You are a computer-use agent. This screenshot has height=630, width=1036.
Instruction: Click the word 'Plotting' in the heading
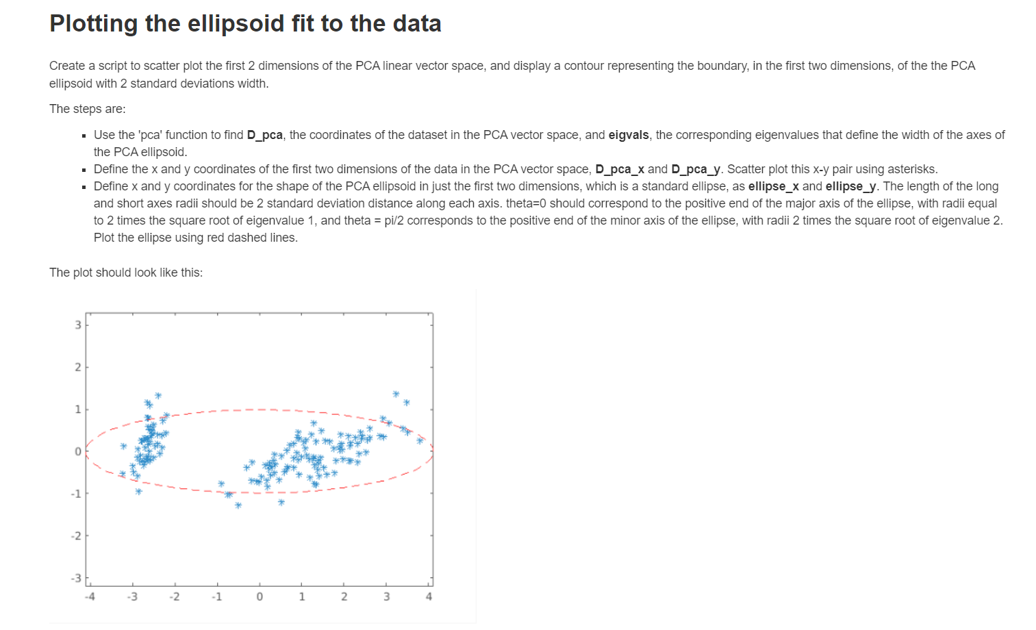pyautogui.click(x=94, y=24)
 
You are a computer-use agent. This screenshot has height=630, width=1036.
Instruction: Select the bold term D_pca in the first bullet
pyautogui.click(x=264, y=135)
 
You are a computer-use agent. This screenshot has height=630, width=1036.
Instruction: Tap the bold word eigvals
pyautogui.click(x=629, y=135)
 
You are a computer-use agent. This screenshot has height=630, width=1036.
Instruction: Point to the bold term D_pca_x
pyautogui.click(x=620, y=169)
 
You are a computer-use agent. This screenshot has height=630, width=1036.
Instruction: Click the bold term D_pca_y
pyautogui.click(x=696, y=169)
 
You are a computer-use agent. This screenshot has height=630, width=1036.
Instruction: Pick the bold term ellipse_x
pyautogui.click(x=774, y=186)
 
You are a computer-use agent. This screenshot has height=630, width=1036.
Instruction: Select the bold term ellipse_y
pyautogui.click(x=851, y=186)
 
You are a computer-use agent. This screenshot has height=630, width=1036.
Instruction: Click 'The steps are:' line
pyautogui.click(x=88, y=109)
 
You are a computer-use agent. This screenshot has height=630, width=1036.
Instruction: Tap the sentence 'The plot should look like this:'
pyautogui.click(x=126, y=273)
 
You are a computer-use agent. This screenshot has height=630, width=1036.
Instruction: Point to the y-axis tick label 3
pyautogui.click(x=78, y=325)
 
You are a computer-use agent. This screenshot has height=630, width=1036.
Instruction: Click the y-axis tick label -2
pyautogui.click(x=76, y=535)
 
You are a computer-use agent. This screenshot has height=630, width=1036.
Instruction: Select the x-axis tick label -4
pyautogui.click(x=90, y=596)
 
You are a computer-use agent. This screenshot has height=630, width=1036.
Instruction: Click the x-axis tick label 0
pyautogui.click(x=260, y=596)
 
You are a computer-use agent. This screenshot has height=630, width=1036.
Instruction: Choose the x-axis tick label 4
pyautogui.click(x=429, y=596)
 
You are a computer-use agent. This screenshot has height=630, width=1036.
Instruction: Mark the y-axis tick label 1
pyautogui.click(x=78, y=409)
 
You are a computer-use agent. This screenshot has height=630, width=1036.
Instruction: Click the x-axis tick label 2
pyautogui.click(x=344, y=596)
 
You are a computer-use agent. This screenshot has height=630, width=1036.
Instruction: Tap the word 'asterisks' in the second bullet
pyautogui.click(x=912, y=169)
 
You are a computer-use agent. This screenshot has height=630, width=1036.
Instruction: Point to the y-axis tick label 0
pyautogui.click(x=78, y=451)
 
